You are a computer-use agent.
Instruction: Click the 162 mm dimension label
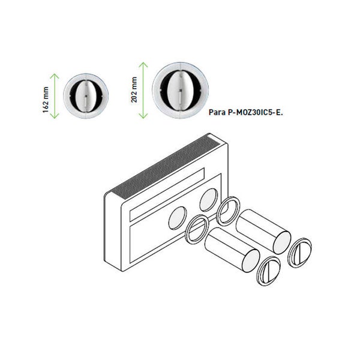tap(46, 100)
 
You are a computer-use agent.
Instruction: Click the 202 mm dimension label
tap(134, 89)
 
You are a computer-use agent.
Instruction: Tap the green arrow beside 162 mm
tap(55, 96)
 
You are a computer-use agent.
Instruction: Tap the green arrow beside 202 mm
tap(143, 90)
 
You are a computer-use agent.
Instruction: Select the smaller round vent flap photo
tap(86, 96)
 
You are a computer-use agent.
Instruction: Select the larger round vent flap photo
tap(180, 90)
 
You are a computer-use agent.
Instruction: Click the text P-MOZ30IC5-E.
tap(256, 112)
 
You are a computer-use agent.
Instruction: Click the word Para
tap(217, 112)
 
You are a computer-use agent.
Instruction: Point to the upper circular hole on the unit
tap(208, 200)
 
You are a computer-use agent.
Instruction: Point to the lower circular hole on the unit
tap(178, 218)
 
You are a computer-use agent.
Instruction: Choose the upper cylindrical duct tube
tap(263, 232)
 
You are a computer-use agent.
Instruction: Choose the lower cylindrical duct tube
tap(232, 250)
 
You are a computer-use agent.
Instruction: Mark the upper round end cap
tap(299, 253)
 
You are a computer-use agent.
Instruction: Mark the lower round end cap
tap(268, 271)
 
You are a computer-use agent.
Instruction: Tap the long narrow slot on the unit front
tap(167, 194)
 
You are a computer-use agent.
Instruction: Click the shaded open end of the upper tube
tap(282, 242)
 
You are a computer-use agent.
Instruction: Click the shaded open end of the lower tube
tap(250, 261)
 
